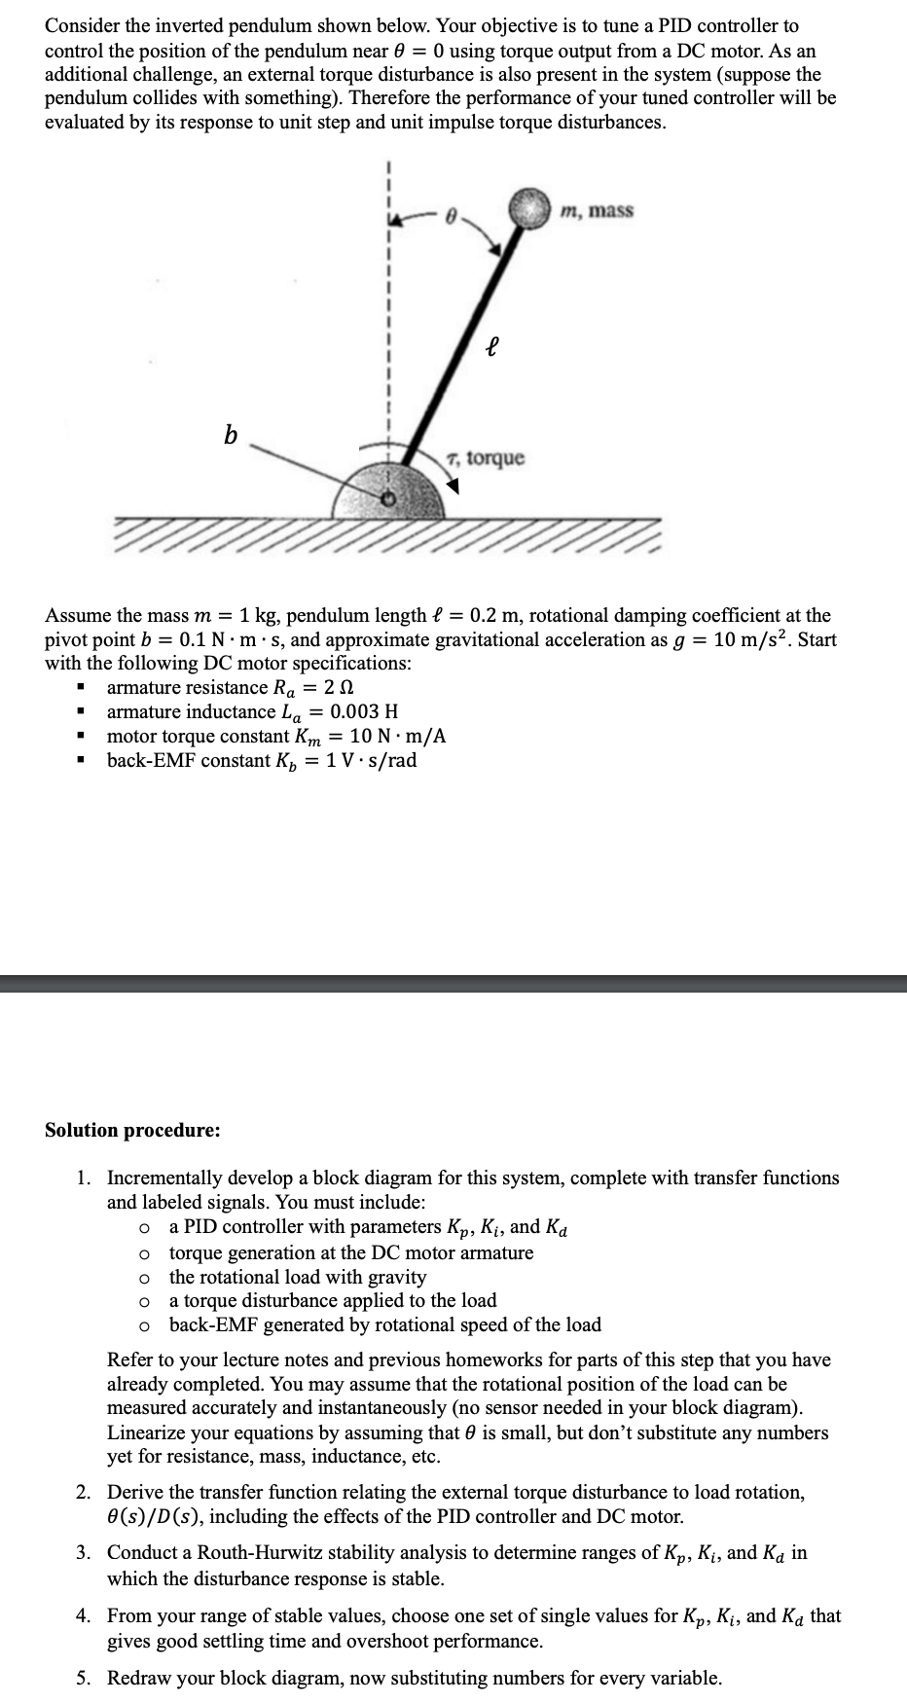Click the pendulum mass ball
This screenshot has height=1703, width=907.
[530, 208]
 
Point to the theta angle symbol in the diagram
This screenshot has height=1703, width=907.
[450, 220]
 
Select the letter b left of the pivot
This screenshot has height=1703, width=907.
[230, 435]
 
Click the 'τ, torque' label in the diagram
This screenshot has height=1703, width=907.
[484, 457]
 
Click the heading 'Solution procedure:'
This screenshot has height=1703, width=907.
[132, 1130]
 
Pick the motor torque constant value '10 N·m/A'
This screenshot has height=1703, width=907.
[398, 736]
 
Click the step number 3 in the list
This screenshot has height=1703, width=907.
[85, 1553]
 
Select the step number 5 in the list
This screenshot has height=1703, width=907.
[85, 1678]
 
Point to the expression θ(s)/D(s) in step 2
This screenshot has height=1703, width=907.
[153, 1516]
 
